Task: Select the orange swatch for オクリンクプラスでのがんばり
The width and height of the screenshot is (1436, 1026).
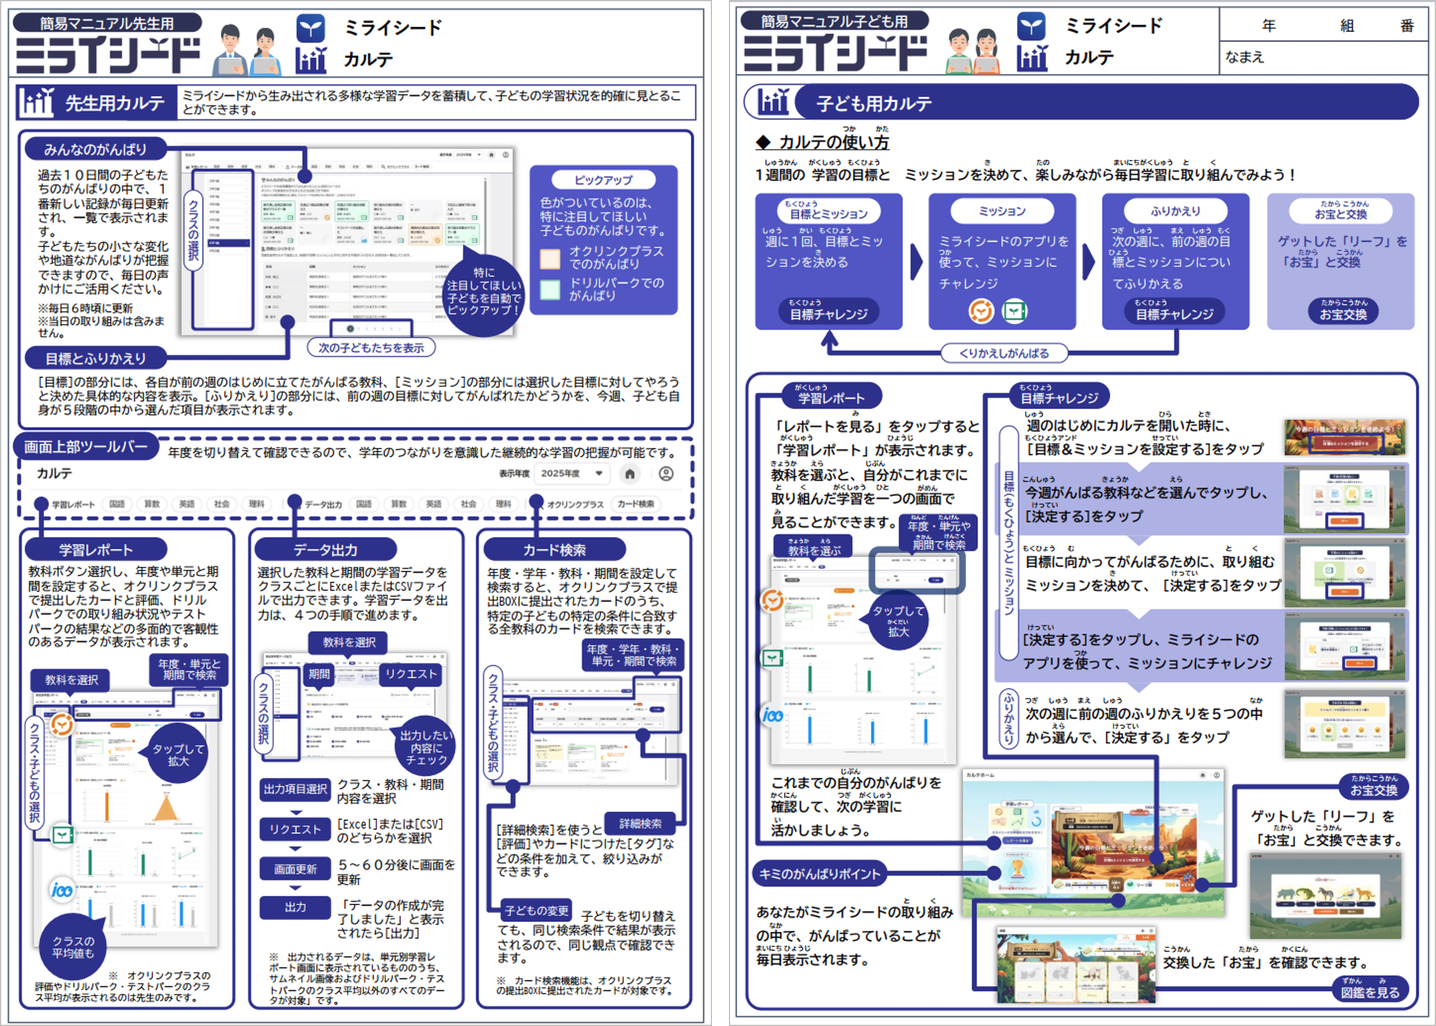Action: [x=550, y=258]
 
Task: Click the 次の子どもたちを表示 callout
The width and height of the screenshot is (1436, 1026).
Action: [x=371, y=347]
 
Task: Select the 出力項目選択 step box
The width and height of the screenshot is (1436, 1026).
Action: [x=295, y=789]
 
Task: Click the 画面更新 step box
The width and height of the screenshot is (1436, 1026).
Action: [x=295, y=869]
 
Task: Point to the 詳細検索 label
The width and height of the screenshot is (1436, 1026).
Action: [x=640, y=823]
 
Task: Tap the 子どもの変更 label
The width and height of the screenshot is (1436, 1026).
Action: [x=536, y=910]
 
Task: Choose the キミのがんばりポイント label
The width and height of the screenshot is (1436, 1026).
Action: [x=819, y=874]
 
